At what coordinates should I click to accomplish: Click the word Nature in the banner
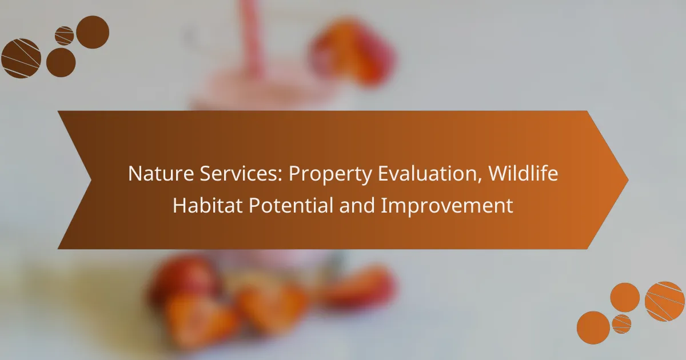pyautogui.click(x=161, y=173)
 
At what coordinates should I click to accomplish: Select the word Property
pyautogui.click(x=330, y=175)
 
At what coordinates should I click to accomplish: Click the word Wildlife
pyautogui.click(x=523, y=173)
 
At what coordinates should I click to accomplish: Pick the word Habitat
pyautogui.click(x=208, y=205)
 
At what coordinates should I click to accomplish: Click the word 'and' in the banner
pyautogui.click(x=357, y=205)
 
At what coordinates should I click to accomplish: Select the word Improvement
pyautogui.click(x=447, y=206)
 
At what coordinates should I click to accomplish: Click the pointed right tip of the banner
pyautogui.click(x=628, y=180)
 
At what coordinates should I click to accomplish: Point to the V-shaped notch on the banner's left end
pyautogui.click(x=91, y=180)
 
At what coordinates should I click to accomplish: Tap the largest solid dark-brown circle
pyautogui.click(x=93, y=32)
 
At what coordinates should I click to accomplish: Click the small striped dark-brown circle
pyautogui.click(x=64, y=36)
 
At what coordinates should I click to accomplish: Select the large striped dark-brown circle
pyautogui.click(x=21, y=58)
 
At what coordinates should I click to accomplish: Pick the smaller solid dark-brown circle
pyautogui.click(x=61, y=62)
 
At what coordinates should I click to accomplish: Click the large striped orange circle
pyautogui.click(x=665, y=302)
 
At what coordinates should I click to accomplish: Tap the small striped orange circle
pyautogui.click(x=622, y=324)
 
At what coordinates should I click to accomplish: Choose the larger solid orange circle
pyautogui.click(x=593, y=327)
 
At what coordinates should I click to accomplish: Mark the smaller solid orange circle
pyautogui.click(x=625, y=298)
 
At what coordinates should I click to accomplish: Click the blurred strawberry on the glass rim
pyautogui.click(x=352, y=50)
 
